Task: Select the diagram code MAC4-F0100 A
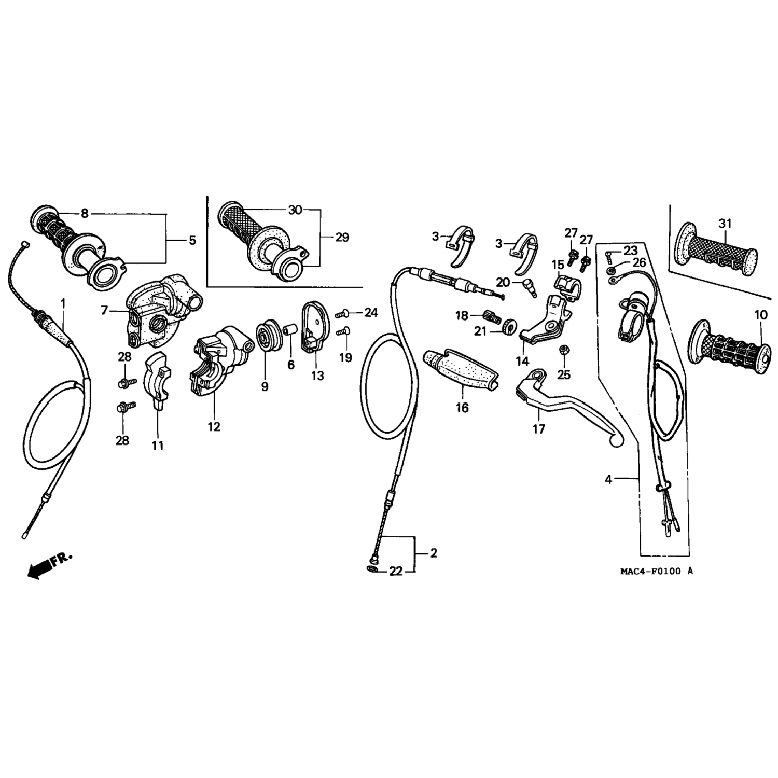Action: point(656,571)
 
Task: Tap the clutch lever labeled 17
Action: point(560,402)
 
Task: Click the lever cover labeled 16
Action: point(459,369)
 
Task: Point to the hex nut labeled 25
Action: point(563,351)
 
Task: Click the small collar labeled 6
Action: point(290,330)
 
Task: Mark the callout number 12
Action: point(214,426)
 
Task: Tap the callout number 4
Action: point(608,480)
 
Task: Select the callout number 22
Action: point(396,571)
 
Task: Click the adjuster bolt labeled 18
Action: point(489,315)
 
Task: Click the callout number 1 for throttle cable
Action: point(63,302)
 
